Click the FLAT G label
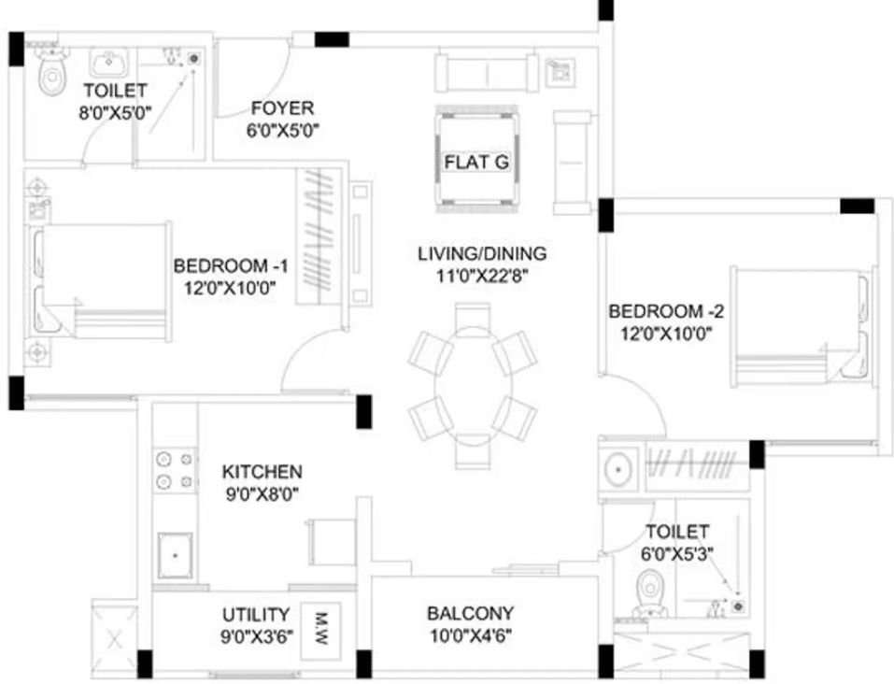[x=476, y=162]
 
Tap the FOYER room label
[x=282, y=107]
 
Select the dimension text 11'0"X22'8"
[x=482, y=276]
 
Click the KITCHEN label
[x=262, y=472]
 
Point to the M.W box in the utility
[x=320, y=631]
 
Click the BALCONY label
[x=471, y=613]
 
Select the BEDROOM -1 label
[x=231, y=265]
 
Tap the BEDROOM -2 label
[x=666, y=311]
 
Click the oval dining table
[x=473, y=386]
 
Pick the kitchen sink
[x=175, y=555]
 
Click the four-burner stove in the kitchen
[x=175, y=471]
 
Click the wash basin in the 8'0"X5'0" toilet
[x=108, y=62]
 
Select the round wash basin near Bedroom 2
[x=619, y=469]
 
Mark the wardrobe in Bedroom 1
[x=319, y=235]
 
